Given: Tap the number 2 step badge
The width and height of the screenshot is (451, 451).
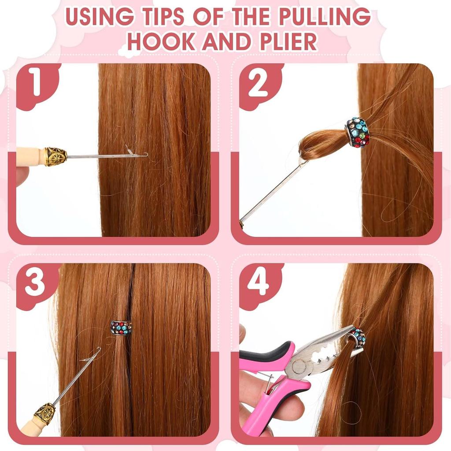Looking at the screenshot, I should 258,84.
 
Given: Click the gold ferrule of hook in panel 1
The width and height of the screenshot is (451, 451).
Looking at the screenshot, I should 56,156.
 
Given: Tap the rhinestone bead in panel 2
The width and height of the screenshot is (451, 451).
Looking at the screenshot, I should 357,132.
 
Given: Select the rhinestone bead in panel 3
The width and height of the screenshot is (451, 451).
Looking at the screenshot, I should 121,328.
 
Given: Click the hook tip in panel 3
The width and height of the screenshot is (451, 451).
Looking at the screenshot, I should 97,351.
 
